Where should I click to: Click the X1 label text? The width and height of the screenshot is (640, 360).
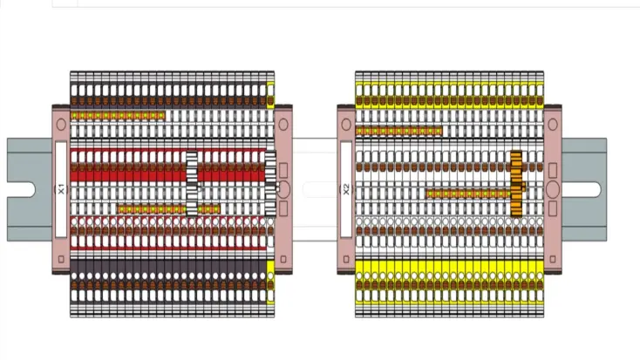pyautogui.click(x=61, y=189)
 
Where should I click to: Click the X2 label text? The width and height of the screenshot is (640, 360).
pyautogui.click(x=346, y=189)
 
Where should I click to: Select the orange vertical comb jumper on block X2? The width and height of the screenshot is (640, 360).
pyautogui.click(x=516, y=184)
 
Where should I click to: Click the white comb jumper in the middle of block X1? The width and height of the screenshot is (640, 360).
pyautogui.click(x=192, y=184)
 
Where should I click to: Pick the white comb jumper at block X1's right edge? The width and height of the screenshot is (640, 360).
pyautogui.click(x=270, y=184)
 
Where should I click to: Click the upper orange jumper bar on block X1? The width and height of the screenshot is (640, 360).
pyautogui.click(x=118, y=116)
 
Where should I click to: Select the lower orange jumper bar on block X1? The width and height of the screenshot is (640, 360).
pyautogui.click(x=168, y=209)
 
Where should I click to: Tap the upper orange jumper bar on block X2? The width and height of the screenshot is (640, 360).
pyautogui.click(x=398, y=131)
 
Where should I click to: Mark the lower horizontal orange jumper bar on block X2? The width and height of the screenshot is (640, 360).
pyautogui.click(x=468, y=194)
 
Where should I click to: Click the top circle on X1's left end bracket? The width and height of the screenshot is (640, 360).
pyautogui.click(x=61, y=125)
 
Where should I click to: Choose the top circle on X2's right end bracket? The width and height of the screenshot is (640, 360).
pyautogui.click(x=553, y=125)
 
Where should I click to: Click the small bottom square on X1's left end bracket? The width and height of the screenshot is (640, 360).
pyautogui.click(x=61, y=259)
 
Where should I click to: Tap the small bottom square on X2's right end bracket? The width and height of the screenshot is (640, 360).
pyautogui.click(x=553, y=259)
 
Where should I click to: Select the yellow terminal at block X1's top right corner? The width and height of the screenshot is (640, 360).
pyautogui.click(x=270, y=95)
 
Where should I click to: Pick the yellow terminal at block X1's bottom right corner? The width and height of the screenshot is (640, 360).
pyautogui.click(x=270, y=282)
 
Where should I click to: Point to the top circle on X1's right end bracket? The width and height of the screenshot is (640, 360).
pyautogui.click(x=283, y=125)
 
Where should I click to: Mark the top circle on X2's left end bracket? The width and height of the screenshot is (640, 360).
pyautogui.click(x=346, y=125)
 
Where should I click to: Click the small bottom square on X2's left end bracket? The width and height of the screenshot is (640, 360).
pyautogui.click(x=346, y=259)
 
